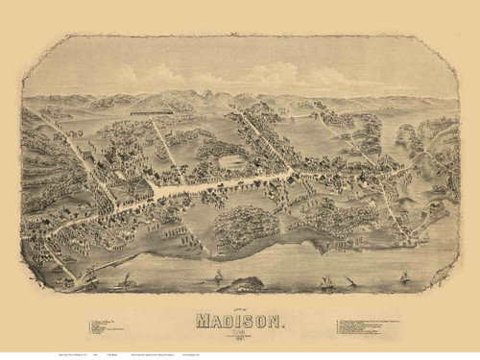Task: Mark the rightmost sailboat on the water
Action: tap(403, 278)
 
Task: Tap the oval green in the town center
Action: tap(231, 162)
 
